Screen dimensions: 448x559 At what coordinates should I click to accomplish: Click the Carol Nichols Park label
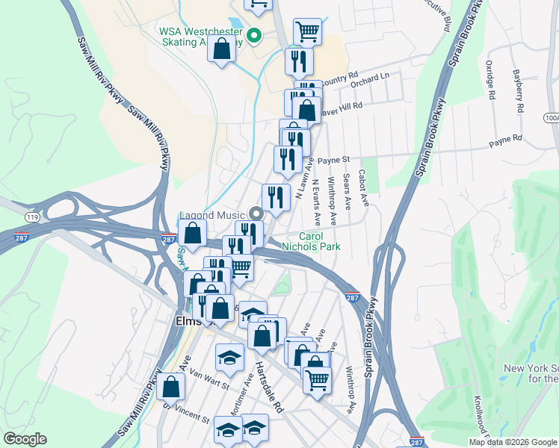311,240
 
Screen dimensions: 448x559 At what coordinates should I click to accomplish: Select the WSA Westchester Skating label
200,37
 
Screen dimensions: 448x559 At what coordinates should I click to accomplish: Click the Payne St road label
333,160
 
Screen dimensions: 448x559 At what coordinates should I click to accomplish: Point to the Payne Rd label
505,140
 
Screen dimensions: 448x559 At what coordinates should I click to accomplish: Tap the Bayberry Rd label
517,91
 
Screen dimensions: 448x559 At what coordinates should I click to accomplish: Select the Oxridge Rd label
489,81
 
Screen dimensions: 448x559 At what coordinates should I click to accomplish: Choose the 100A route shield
551,118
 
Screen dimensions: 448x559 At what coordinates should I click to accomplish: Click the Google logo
25,439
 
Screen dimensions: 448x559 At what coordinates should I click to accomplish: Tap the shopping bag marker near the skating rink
222,50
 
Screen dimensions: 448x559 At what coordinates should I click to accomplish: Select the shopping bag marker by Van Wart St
171,386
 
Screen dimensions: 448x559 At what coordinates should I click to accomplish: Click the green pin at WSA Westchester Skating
253,34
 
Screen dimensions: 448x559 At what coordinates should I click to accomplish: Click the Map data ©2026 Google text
513,441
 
